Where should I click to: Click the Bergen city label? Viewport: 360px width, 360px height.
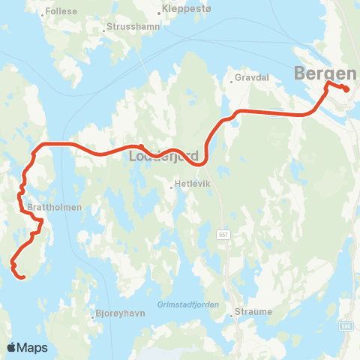tap(326, 73)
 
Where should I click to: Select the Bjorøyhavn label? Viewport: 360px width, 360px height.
tap(120, 316)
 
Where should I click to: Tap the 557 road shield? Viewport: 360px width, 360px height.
tap(223, 234)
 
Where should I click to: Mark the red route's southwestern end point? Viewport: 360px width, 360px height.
tap(23, 277)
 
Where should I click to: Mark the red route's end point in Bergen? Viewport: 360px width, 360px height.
tap(346, 90)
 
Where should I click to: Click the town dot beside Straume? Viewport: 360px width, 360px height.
tap(232, 315)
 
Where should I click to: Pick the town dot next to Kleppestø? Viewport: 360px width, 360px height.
tap(160, 12)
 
